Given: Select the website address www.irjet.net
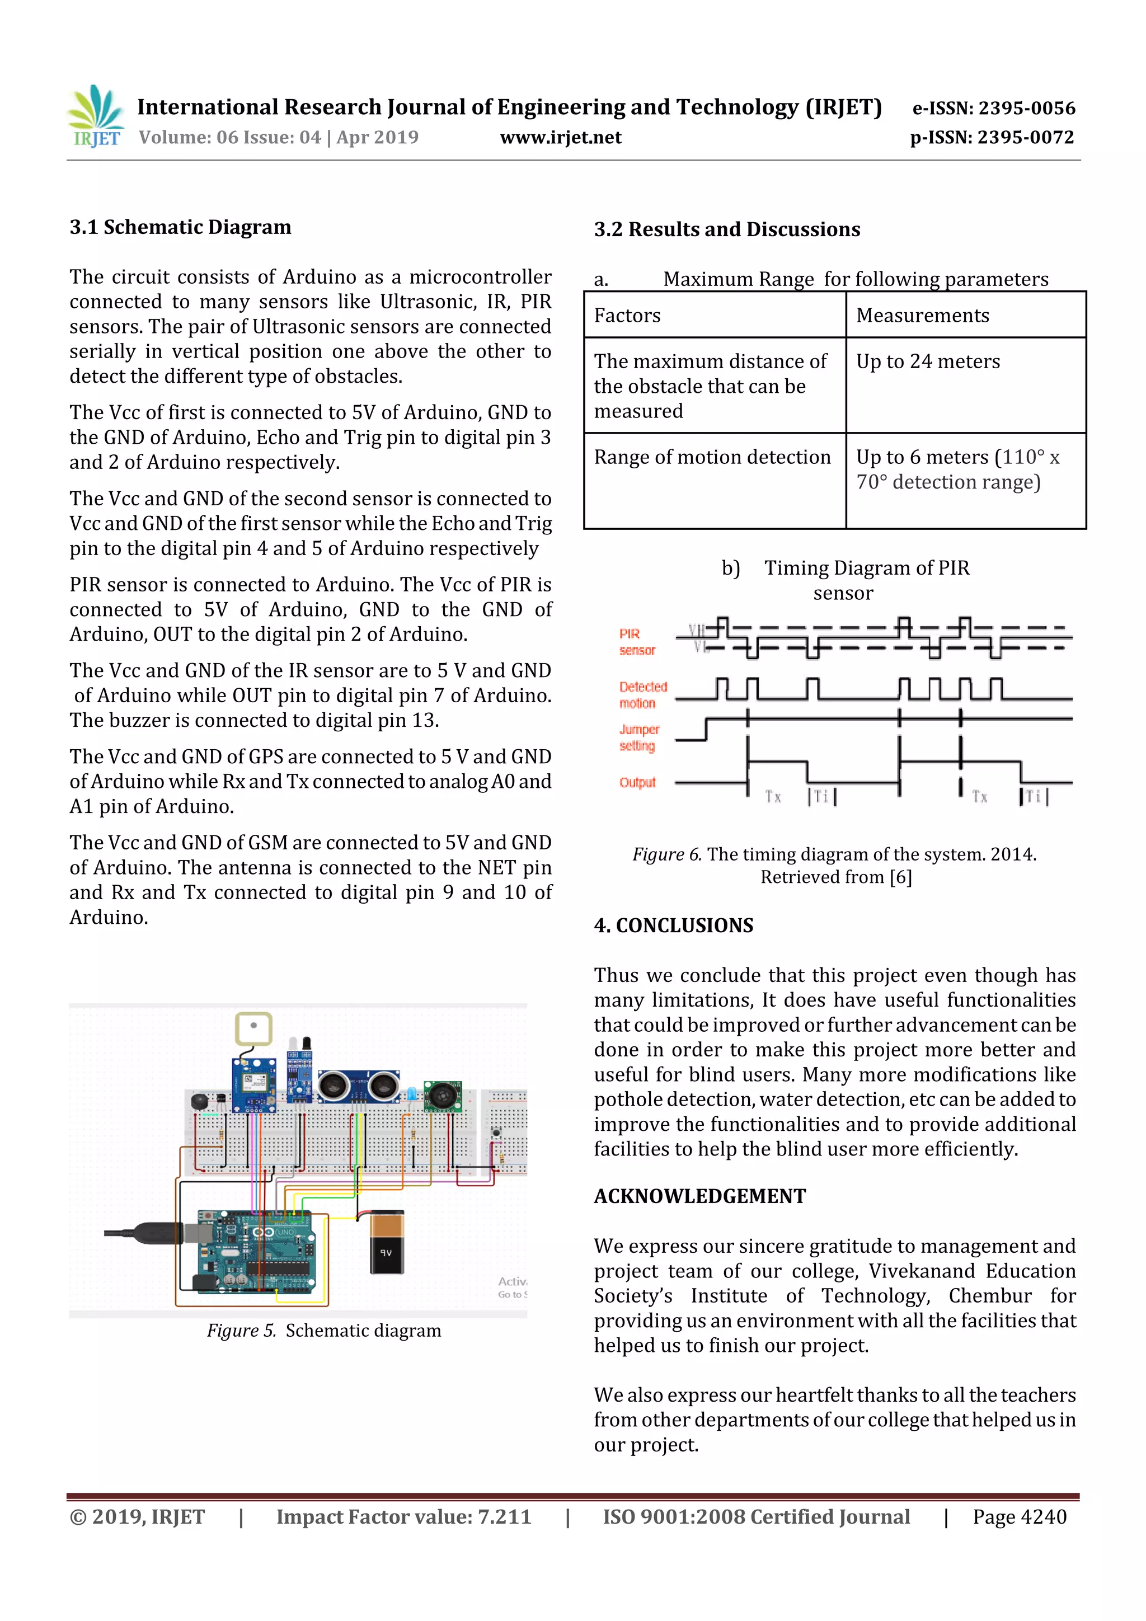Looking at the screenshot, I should pos(561,138).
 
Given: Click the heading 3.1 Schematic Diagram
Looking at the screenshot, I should pos(180,227).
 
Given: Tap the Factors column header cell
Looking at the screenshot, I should pos(714,316).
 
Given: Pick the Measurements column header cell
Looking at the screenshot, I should pos(965,316).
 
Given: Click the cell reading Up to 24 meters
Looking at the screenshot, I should pos(965,385).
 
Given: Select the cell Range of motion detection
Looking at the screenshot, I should pos(714,480).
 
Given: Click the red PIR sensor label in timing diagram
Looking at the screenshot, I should pos(636,642).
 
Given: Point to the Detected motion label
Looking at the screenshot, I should pos(642,695).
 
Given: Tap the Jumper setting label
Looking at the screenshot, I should pos(638,737).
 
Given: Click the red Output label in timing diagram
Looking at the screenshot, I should pos(637,782).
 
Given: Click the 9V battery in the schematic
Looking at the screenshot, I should pos(387,1243).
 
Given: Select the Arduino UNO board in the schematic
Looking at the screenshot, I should pos(256,1254).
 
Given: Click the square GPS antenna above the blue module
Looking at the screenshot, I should pos(253,1028).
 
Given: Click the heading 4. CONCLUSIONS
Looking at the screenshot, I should pos(673,925).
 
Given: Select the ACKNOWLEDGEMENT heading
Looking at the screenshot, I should pos(699,1196).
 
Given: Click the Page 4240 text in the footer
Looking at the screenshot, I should pos(1019,1516).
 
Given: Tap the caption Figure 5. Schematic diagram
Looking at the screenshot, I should pos(323,1331).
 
